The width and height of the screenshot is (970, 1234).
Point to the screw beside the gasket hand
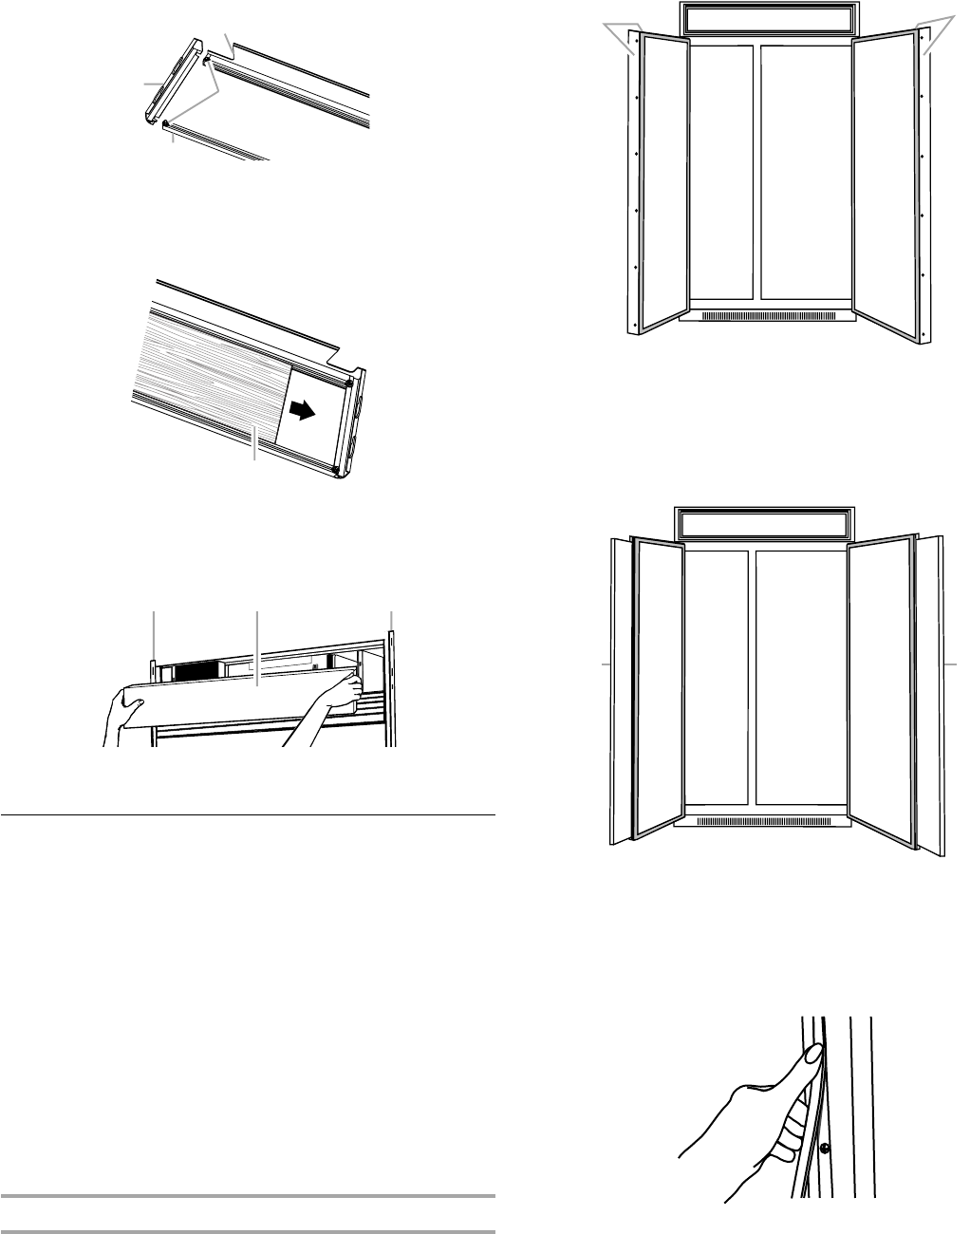824,1147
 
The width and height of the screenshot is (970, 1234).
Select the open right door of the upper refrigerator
885,180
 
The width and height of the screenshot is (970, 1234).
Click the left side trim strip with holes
633,190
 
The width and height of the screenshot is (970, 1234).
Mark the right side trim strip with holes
925,190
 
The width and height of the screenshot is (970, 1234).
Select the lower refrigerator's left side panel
618,688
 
